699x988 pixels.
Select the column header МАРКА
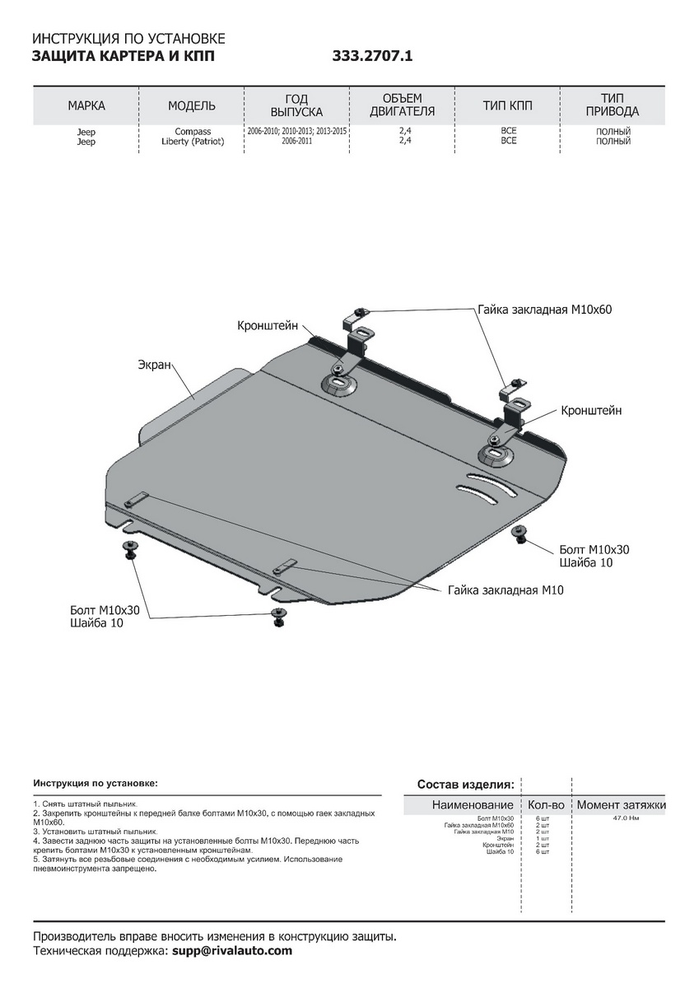[x=86, y=105]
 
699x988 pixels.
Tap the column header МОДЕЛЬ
[x=192, y=105]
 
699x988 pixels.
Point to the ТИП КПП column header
[x=508, y=105]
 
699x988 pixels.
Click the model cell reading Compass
[x=192, y=132]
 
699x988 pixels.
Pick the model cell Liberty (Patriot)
[x=192, y=142]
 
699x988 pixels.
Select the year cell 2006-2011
[x=297, y=142]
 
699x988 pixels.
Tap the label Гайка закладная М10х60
[x=545, y=310]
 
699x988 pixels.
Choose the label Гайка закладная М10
[x=506, y=590]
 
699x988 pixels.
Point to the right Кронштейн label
[x=591, y=410]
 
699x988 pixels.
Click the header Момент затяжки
[x=621, y=804]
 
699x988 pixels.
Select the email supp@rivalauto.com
[x=232, y=951]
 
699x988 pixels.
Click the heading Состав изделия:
[x=465, y=784]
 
